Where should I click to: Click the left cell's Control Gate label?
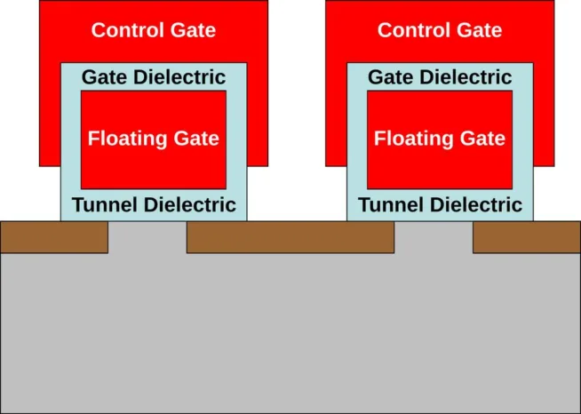154,30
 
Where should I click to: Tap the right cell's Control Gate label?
440,30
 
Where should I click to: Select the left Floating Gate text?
154,139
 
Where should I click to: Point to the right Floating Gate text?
440,139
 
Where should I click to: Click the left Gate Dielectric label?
154,77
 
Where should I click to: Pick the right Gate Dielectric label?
440,77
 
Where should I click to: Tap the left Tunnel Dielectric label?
154,205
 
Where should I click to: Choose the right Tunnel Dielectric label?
440,205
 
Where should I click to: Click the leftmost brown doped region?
54,237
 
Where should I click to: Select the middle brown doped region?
290,237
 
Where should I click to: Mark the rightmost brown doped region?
526,237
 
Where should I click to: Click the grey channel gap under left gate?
147,237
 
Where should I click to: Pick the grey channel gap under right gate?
433,237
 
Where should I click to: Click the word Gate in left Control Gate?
194,30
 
